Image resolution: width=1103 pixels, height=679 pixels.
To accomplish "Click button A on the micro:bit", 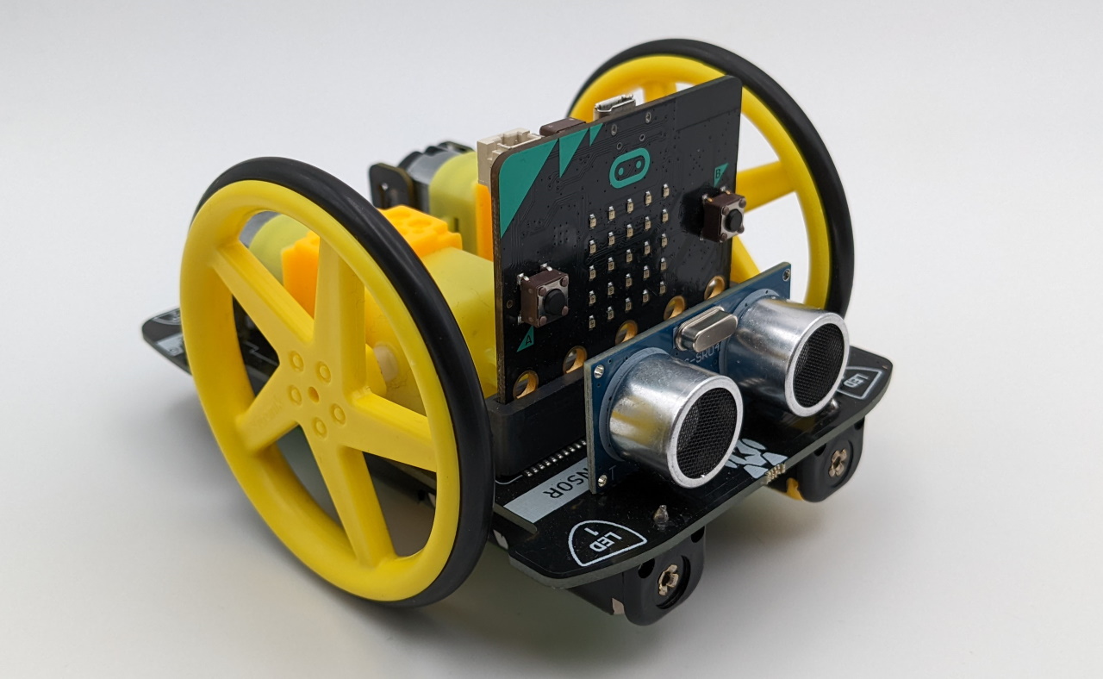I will coord(545,296).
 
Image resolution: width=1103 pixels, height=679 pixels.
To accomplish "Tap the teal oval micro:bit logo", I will coord(629,171).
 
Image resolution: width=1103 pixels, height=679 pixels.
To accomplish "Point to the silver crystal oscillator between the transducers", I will coord(706,330).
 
